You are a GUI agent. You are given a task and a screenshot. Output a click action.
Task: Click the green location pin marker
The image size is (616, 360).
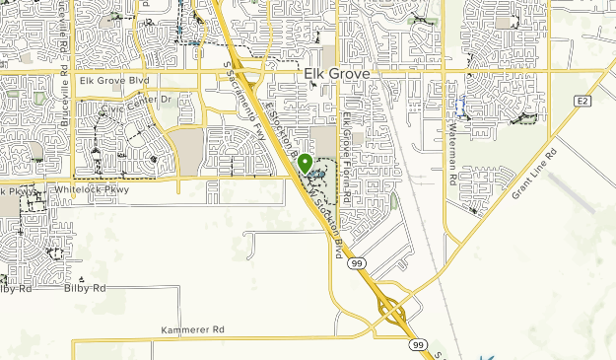pos(306,164)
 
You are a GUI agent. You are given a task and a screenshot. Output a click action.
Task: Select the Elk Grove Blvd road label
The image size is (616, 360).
pos(114,80)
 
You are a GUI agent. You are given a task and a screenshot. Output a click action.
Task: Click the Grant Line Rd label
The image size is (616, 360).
pos(534,175)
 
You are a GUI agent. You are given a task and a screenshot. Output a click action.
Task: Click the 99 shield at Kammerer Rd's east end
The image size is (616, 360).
pos(418,344)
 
